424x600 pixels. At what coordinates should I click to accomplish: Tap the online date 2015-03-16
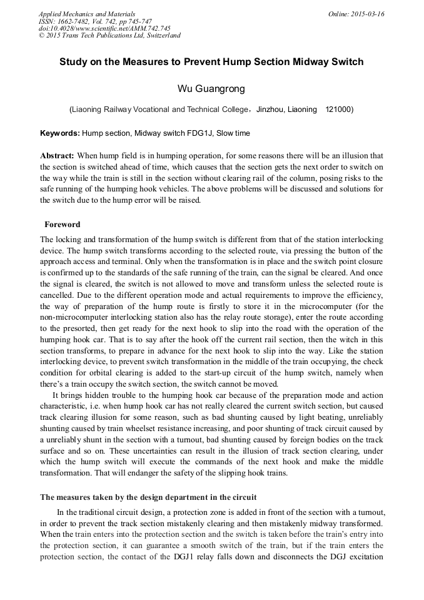[368, 14]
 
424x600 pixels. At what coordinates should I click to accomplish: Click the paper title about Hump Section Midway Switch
[211, 63]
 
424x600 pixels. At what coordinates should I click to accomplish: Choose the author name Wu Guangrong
[211, 89]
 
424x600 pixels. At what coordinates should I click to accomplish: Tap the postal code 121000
[339, 109]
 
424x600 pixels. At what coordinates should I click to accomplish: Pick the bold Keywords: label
[60, 133]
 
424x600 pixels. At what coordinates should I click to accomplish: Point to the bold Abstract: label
[57, 155]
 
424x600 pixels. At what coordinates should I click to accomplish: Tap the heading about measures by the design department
[148, 497]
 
